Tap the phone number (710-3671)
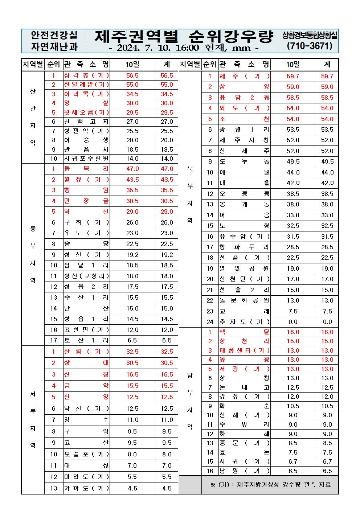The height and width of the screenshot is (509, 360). (x=310, y=46)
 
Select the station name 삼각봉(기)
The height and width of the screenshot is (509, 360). (x=86, y=75)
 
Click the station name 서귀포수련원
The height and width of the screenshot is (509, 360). (x=86, y=159)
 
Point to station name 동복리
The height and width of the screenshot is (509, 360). (x=86, y=169)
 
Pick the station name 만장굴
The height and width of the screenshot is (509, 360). (x=86, y=201)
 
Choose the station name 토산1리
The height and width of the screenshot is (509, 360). (x=86, y=340)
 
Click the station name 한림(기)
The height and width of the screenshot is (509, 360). (x=86, y=352)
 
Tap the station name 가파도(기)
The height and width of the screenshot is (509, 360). (x=86, y=488)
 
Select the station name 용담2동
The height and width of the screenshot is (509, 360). (x=244, y=98)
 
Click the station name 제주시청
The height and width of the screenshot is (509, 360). (x=244, y=140)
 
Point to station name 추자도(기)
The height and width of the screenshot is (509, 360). (x=244, y=322)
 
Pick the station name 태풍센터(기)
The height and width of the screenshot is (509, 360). (x=244, y=350)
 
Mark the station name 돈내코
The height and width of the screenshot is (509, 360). (x=244, y=387)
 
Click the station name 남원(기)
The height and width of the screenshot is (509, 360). (x=244, y=471)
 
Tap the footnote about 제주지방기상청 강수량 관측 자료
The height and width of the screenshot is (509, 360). (x=270, y=485)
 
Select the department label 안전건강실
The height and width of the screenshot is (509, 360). (x=54, y=35)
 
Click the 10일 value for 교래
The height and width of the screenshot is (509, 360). (x=292, y=311)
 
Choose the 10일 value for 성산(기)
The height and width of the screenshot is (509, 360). (x=132, y=255)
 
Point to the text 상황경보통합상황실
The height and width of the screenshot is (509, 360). (x=310, y=35)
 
